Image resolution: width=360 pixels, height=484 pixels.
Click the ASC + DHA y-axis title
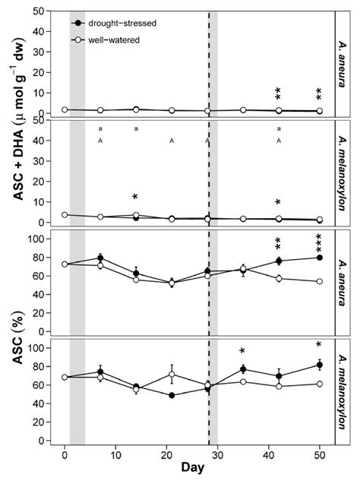click(13, 114)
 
